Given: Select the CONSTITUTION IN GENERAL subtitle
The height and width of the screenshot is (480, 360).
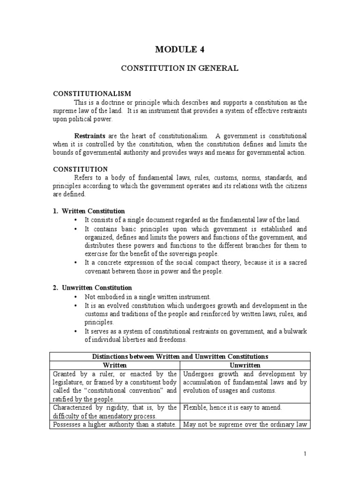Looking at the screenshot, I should (x=180, y=68).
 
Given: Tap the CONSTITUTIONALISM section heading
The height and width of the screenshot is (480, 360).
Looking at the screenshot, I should (x=92, y=94).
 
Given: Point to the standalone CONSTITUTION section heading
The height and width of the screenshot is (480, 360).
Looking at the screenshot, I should (x=80, y=169).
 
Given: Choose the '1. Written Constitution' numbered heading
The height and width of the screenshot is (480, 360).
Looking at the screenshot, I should (x=89, y=211).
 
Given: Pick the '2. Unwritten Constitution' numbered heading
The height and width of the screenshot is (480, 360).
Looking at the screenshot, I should (x=92, y=287).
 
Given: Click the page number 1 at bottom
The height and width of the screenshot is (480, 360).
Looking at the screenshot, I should (x=305, y=454).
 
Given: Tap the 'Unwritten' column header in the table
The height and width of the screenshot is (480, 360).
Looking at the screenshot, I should (x=245, y=365).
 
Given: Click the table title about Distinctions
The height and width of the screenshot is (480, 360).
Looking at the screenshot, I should (x=179, y=357).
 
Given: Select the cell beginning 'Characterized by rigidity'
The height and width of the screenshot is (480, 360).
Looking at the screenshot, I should (x=114, y=412).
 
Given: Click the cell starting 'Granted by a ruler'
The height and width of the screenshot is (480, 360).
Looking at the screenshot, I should (x=114, y=386).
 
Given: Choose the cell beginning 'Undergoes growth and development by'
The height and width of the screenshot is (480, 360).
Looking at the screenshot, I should (x=244, y=382).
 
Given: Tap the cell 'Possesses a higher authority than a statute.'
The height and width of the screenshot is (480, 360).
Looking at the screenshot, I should (x=114, y=425).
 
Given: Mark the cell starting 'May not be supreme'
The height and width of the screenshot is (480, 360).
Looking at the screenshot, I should (x=244, y=425).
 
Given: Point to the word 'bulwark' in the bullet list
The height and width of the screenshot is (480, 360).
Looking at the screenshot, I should (x=295, y=331).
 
